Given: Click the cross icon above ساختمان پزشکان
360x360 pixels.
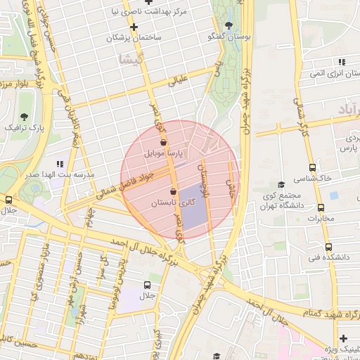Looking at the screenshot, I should (x=134, y=27).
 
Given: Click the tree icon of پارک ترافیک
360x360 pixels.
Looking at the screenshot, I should (x=25, y=117).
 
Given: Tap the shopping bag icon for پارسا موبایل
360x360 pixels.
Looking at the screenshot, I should (x=163, y=142).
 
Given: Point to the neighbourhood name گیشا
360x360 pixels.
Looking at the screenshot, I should (x=131, y=60).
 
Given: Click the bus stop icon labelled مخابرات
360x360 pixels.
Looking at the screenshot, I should (x=321, y=208).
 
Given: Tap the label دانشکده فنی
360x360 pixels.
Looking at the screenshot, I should (x=333, y=257).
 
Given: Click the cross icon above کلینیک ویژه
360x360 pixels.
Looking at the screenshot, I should (x=343, y=339).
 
